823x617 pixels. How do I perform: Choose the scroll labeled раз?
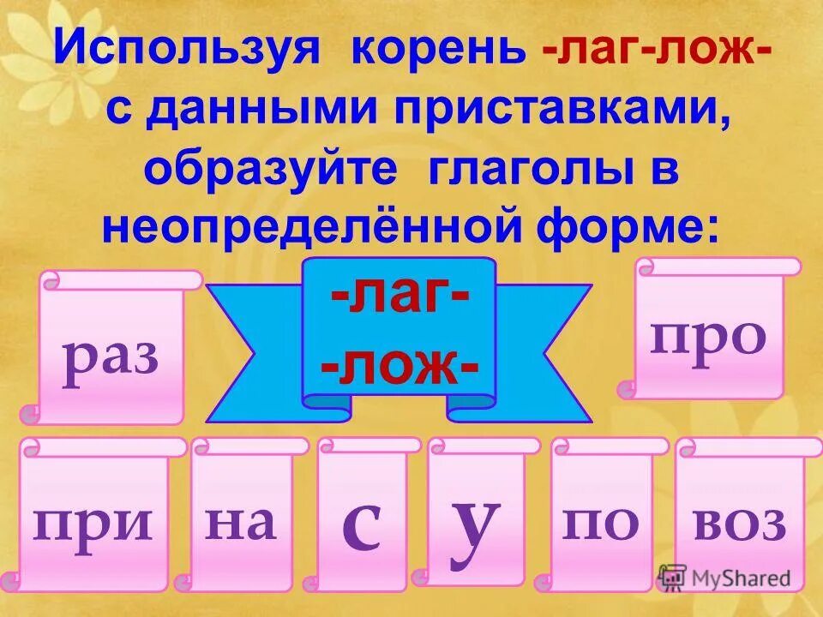111,351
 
